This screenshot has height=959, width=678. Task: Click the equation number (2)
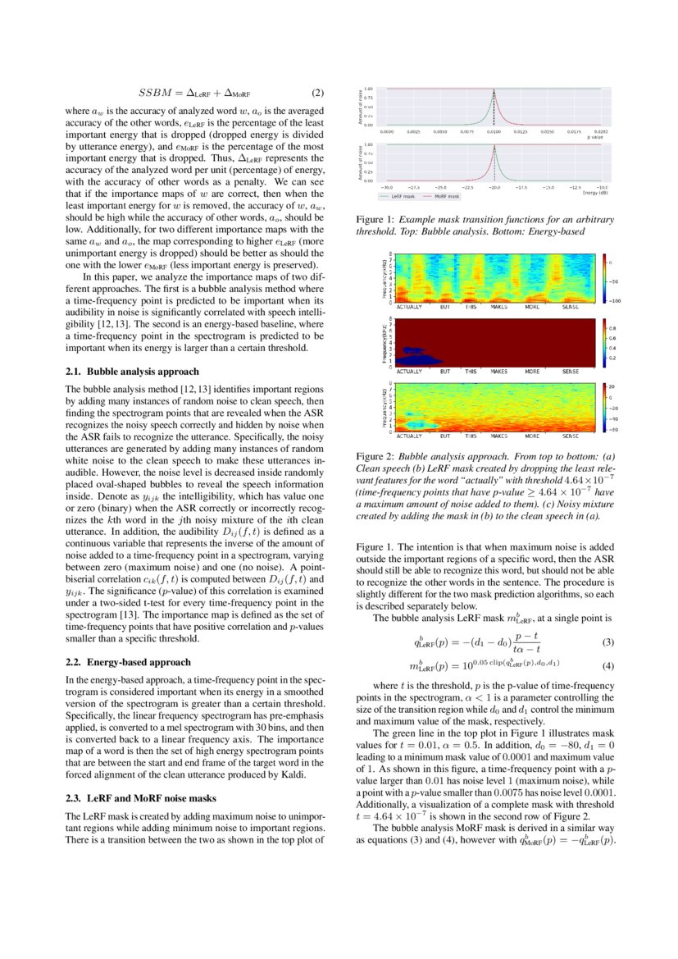(x=320, y=93)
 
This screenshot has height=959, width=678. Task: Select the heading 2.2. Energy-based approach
(x=127, y=661)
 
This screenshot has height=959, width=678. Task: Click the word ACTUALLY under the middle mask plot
(x=409, y=372)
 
